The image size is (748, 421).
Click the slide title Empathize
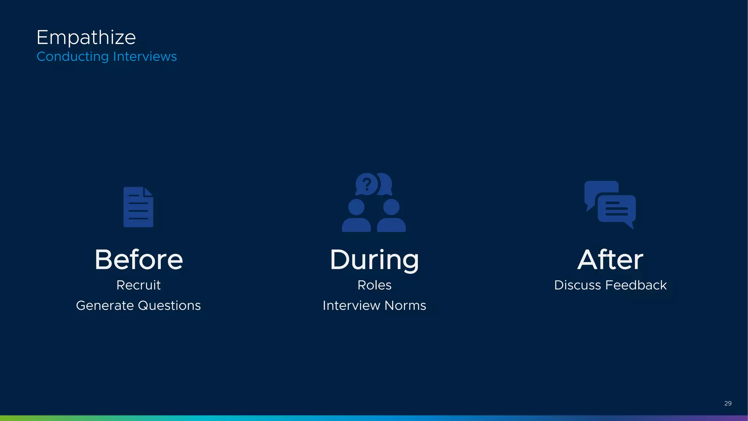pyautogui.click(x=86, y=38)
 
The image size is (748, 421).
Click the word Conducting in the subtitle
pyautogui.click(x=73, y=57)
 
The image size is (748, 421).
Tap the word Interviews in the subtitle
pyautogui.click(x=145, y=57)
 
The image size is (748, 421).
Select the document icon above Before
pyautogui.click(x=138, y=207)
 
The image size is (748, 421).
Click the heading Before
pyautogui.click(x=138, y=260)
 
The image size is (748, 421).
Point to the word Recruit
pyautogui.click(x=138, y=285)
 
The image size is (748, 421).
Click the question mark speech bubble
pyautogui.click(x=367, y=184)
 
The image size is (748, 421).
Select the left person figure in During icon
pyautogui.click(x=356, y=216)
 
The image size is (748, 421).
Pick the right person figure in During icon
pyautogui.click(x=391, y=216)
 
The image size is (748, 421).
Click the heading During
pyautogui.click(x=374, y=260)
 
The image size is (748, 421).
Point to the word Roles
pyautogui.click(x=374, y=285)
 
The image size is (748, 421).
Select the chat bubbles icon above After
pyautogui.click(x=610, y=205)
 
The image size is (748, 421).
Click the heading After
pyautogui.click(x=610, y=260)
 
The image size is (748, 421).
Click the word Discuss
pyautogui.click(x=577, y=285)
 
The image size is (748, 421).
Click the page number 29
pyautogui.click(x=728, y=403)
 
